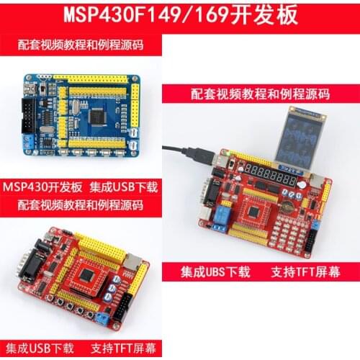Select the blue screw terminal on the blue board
coord(28,140)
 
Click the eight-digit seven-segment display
coord(270,173)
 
